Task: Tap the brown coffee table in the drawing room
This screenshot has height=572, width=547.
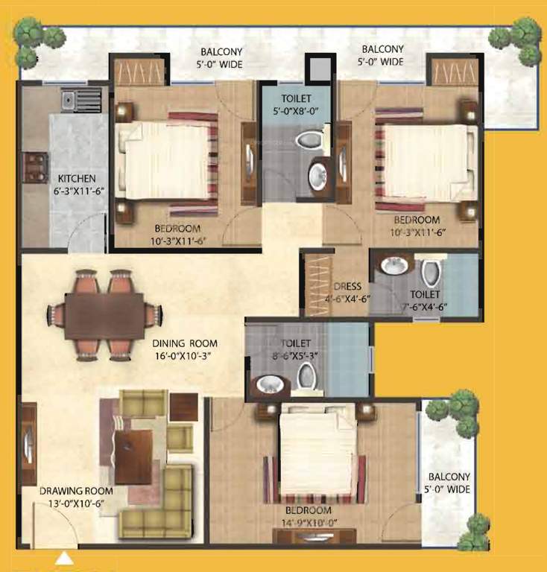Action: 134,454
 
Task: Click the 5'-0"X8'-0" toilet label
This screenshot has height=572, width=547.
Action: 296,104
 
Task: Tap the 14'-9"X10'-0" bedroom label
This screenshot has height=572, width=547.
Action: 308,515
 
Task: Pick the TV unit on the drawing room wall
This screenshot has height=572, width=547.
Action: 28,446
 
